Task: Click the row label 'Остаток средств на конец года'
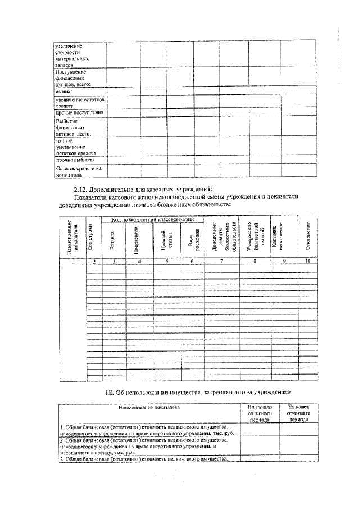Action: [x=78, y=170]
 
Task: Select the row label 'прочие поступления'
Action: [x=79, y=112]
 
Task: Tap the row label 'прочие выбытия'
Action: [x=75, y=160]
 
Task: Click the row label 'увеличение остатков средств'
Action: [x=79, y=102]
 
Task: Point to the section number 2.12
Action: [x=83, y=188]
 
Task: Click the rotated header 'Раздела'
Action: [x=114, y=240]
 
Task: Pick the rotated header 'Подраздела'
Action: [x=137, y=240]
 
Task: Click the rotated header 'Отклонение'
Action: [x=308, y=236]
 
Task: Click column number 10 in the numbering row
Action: [x=308, y=261]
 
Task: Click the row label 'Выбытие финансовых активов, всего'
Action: [x=74, y=128]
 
